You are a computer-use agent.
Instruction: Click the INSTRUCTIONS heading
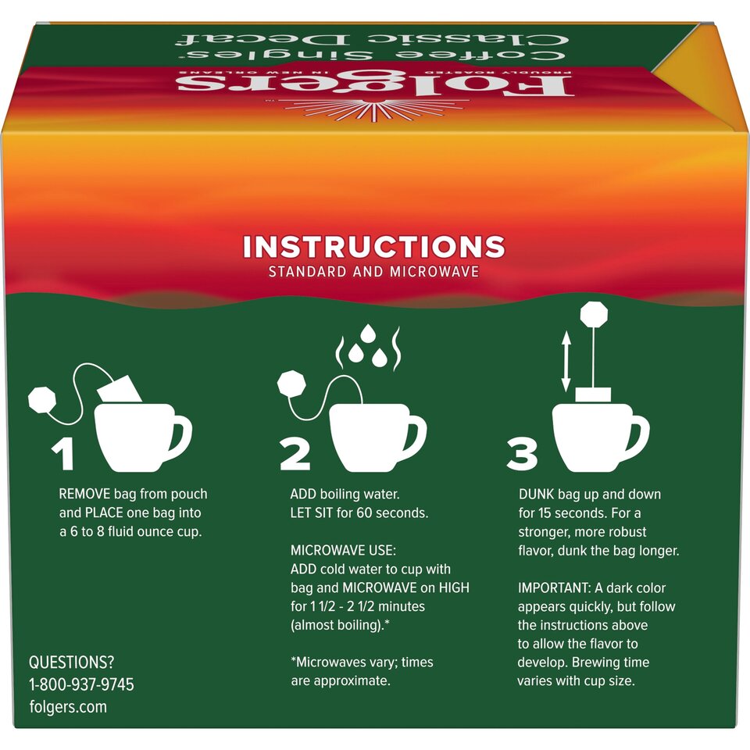374,247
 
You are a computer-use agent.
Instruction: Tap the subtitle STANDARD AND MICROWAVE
374,273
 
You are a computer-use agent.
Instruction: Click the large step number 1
62,455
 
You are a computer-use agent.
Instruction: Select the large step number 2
295,455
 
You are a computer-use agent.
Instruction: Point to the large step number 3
522,455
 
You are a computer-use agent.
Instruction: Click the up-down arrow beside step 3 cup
566,361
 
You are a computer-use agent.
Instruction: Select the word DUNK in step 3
537,495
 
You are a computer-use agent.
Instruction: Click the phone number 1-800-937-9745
81,684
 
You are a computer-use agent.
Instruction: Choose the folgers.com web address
68,706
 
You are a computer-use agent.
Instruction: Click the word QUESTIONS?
71,662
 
